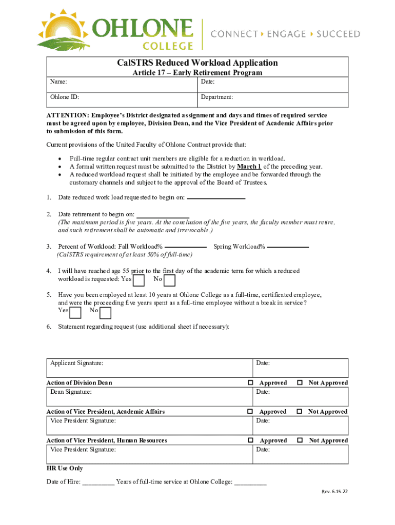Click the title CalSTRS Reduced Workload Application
[197, 63]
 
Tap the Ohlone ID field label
[64, 97]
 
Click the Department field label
[217, 97]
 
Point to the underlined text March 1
[249, 167]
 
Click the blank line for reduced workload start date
[216, 198]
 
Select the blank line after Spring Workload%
[288, 247]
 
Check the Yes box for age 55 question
[139, 280]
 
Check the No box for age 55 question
[169, 280]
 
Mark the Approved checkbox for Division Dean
[250, 383]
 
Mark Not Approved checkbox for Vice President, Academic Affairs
[299, 412]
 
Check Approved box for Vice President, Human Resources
[250, 440]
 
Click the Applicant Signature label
[76, 363]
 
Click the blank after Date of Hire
[98, 482]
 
